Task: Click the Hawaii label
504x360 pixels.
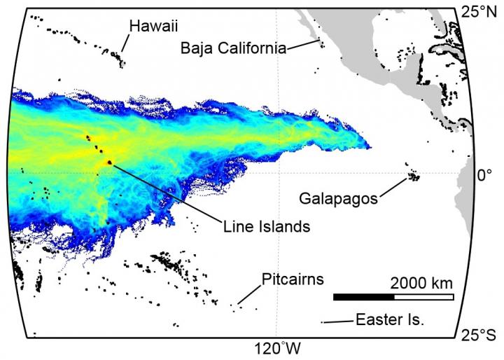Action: (153, 26)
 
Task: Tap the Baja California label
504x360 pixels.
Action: (233, 48)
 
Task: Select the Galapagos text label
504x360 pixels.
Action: (338, 198)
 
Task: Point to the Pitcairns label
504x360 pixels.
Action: (293, 279)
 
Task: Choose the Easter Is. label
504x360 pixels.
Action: (390, 320)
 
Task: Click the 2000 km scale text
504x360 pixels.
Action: (421, 284)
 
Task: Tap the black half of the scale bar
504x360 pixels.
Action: (363, 297)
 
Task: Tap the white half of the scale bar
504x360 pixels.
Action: (423, 297)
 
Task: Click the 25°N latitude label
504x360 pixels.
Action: (482, 11)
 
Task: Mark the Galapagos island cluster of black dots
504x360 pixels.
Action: (414, 174)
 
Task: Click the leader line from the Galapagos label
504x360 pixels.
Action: (393, 186)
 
